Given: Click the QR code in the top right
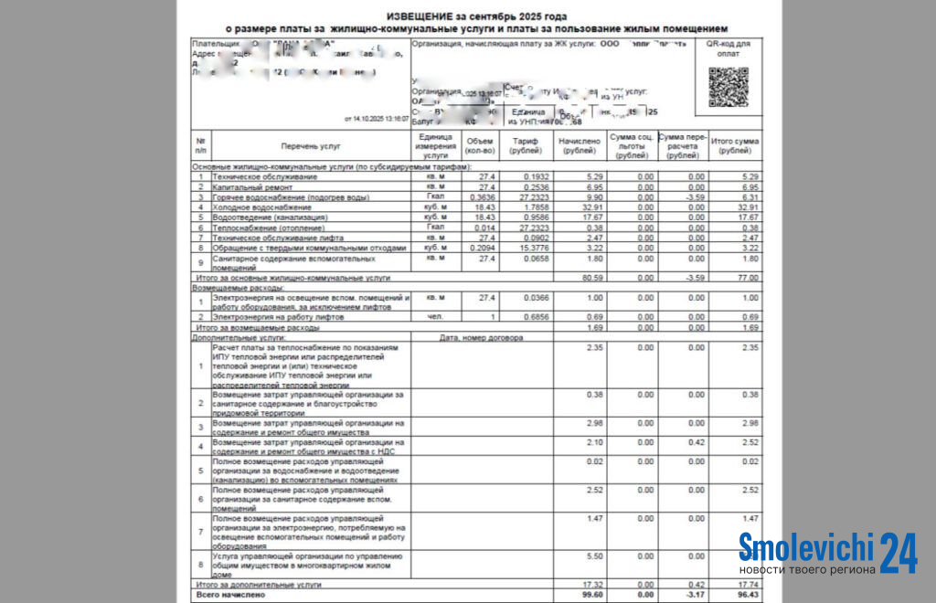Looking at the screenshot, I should click(728, 88).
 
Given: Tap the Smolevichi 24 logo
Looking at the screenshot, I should click(827, 554).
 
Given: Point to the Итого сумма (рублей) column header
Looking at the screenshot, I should click(734, 146).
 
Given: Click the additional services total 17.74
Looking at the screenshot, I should click(748, 583).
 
